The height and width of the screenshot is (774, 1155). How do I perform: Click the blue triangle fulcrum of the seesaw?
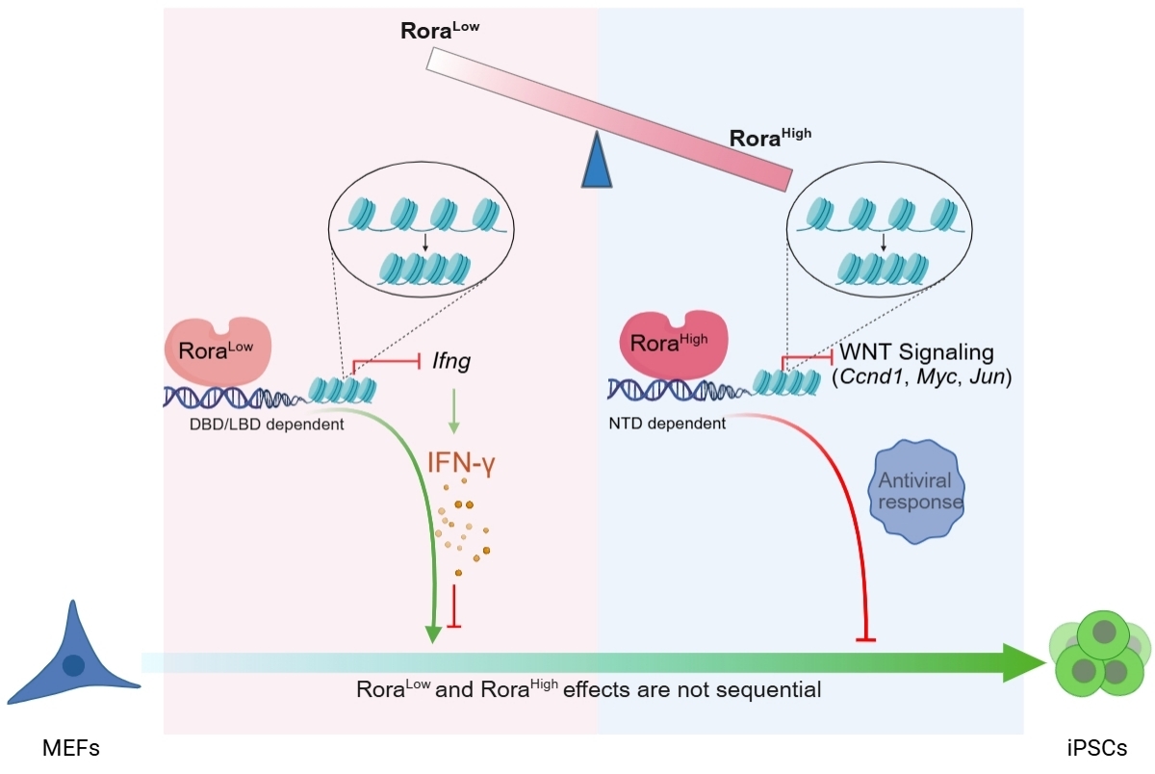tap(597, 162)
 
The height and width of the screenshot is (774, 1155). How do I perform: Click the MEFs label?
tap(71, 747)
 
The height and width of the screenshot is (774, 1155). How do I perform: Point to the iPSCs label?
tap(1096, 747)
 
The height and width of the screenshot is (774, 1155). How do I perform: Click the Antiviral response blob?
tap(917, 490)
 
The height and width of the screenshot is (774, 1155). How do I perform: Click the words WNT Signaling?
tap(915, 353)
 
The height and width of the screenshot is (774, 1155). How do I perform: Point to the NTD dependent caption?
tap(667, 423)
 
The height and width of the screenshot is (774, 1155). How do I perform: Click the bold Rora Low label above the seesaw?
tap(439, 30)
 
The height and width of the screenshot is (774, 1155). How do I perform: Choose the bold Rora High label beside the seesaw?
tap(770, 137)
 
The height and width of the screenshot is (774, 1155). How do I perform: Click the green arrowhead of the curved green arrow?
tap(433, 632)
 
